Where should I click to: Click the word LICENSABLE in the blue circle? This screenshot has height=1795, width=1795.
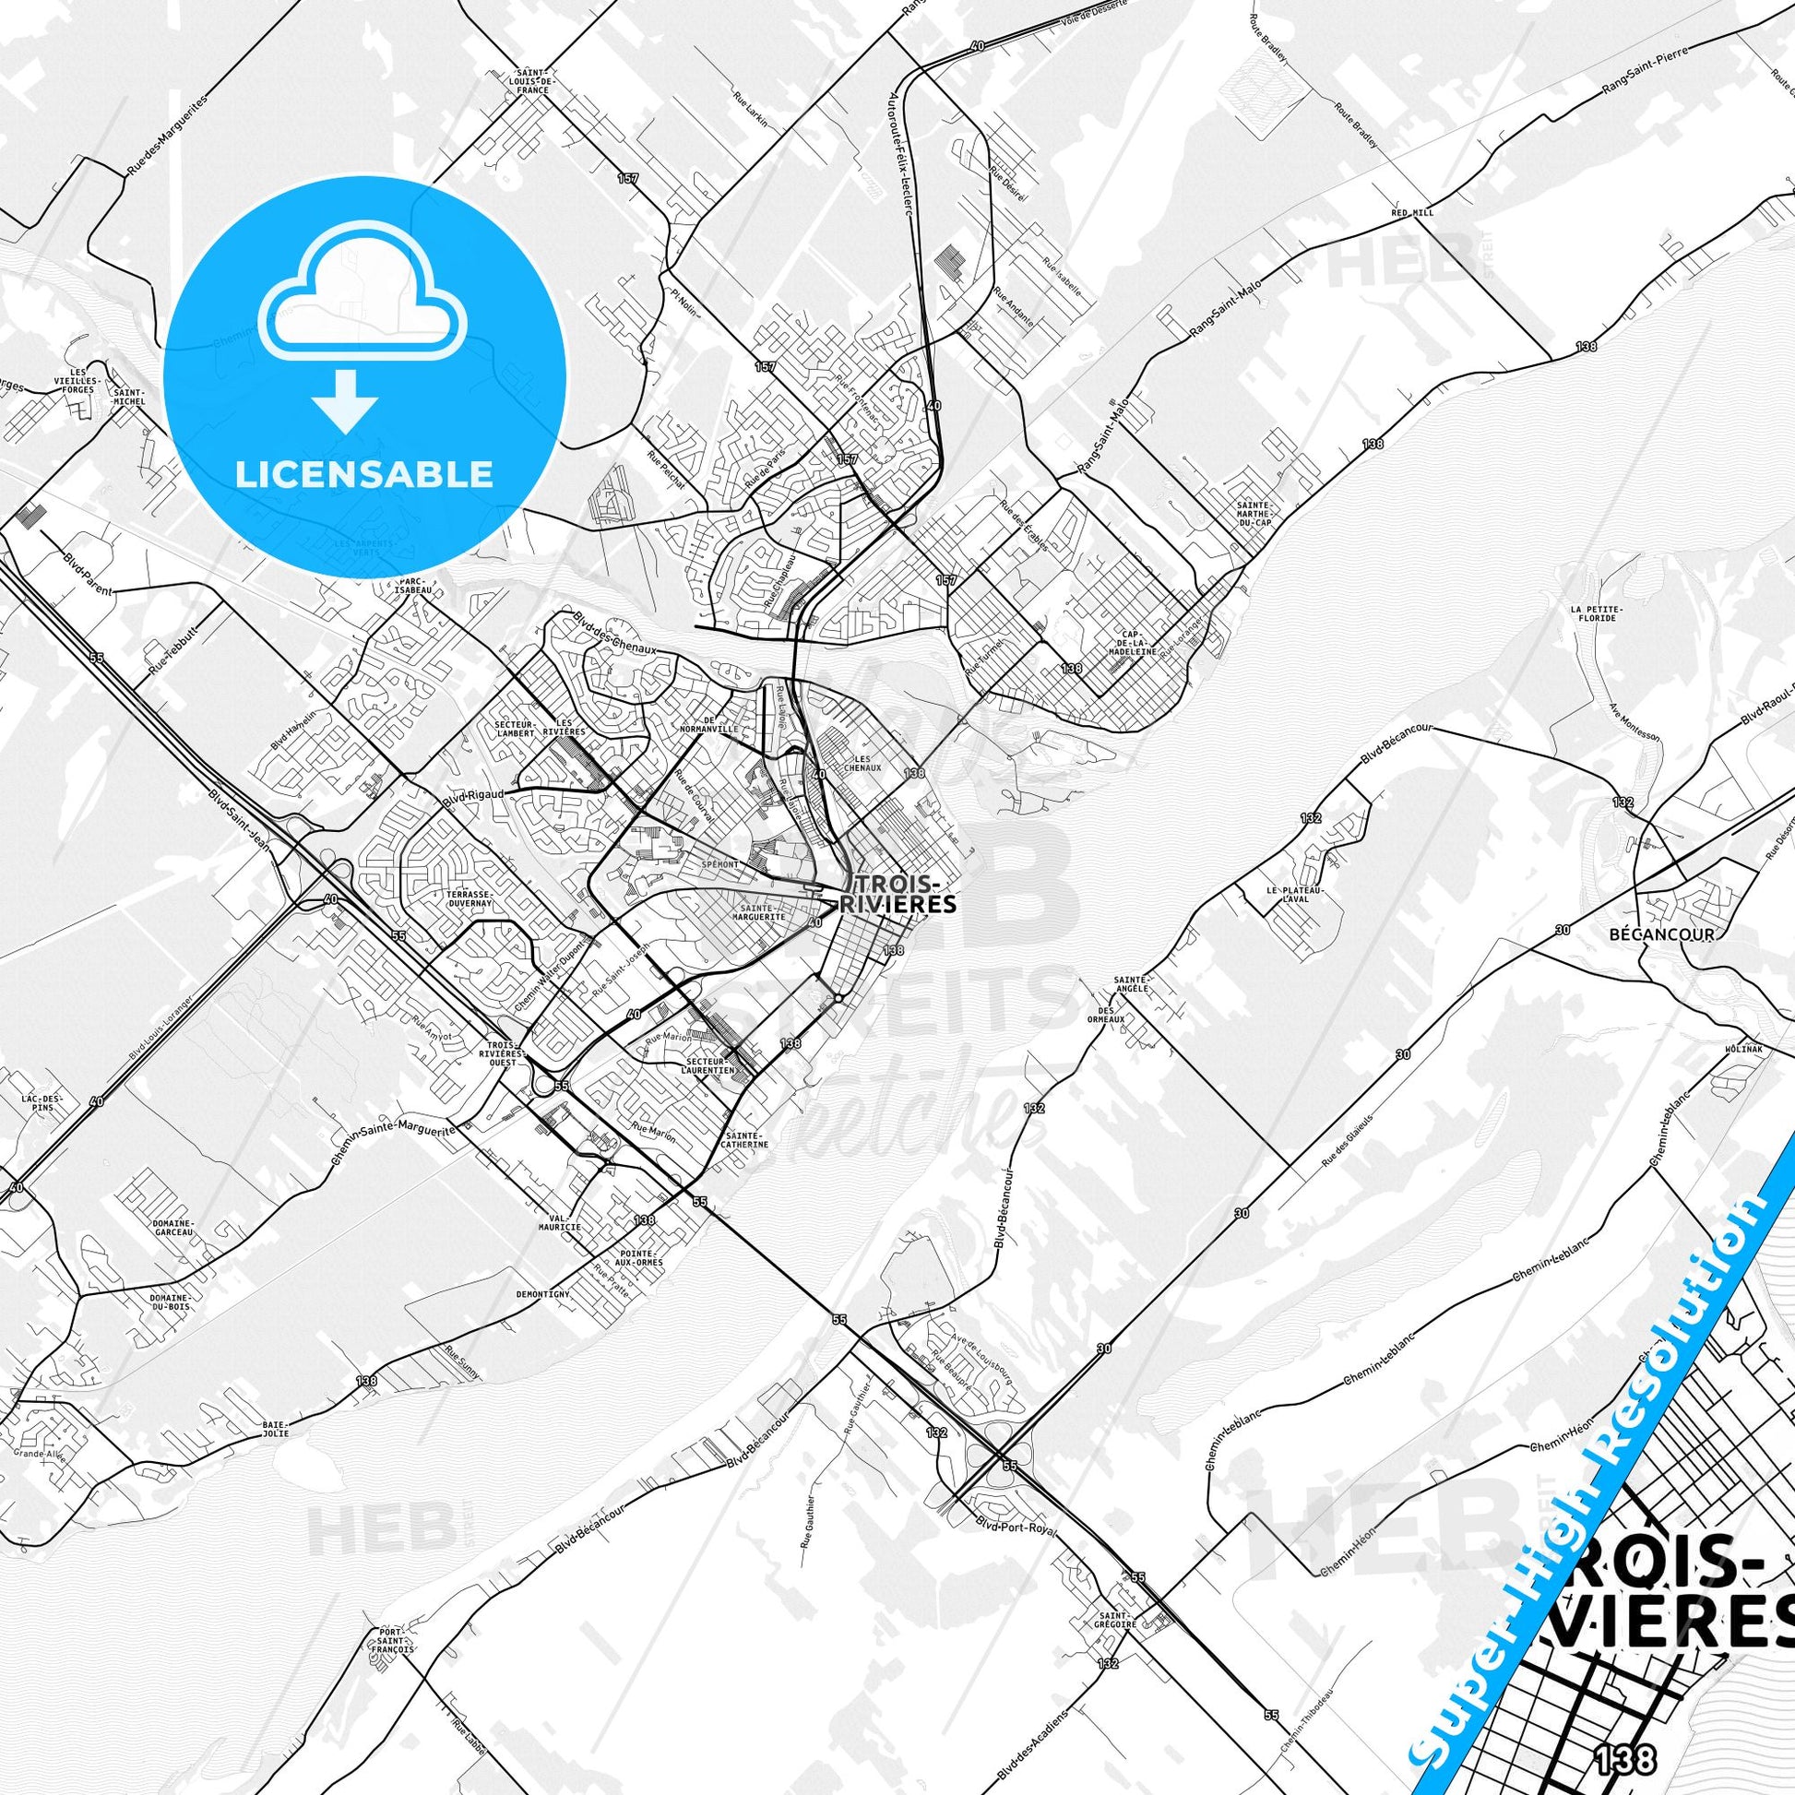click(x=364, y=474)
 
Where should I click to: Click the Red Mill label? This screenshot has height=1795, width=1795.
click(x=1412, y=213)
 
